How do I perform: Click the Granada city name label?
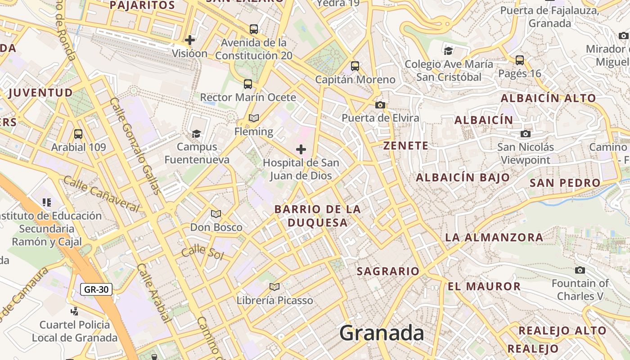pos(382,333)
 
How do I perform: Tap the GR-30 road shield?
pos(96,289)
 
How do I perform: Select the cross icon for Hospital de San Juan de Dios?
pos(301,149)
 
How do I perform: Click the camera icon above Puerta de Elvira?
pos(380,105)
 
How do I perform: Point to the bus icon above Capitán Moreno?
pos(355,66)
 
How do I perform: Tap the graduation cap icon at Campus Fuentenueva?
pos(196,134)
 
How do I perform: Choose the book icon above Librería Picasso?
pos(274,287)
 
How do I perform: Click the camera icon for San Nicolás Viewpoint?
pos(525,134)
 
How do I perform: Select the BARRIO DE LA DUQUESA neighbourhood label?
pos(318,216)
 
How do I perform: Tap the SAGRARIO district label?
pos(388,271)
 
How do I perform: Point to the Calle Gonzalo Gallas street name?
pos(135,146)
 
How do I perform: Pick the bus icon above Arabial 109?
pos(78,134)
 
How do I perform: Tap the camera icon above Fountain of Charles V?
pos(580,270)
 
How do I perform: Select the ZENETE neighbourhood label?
pos(406,145)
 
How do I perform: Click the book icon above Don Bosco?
pos(216,214)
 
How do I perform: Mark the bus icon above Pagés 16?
pos(520,60)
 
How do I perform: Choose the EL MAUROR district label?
pos(484,286)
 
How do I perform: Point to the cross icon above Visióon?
pos(190,40)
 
